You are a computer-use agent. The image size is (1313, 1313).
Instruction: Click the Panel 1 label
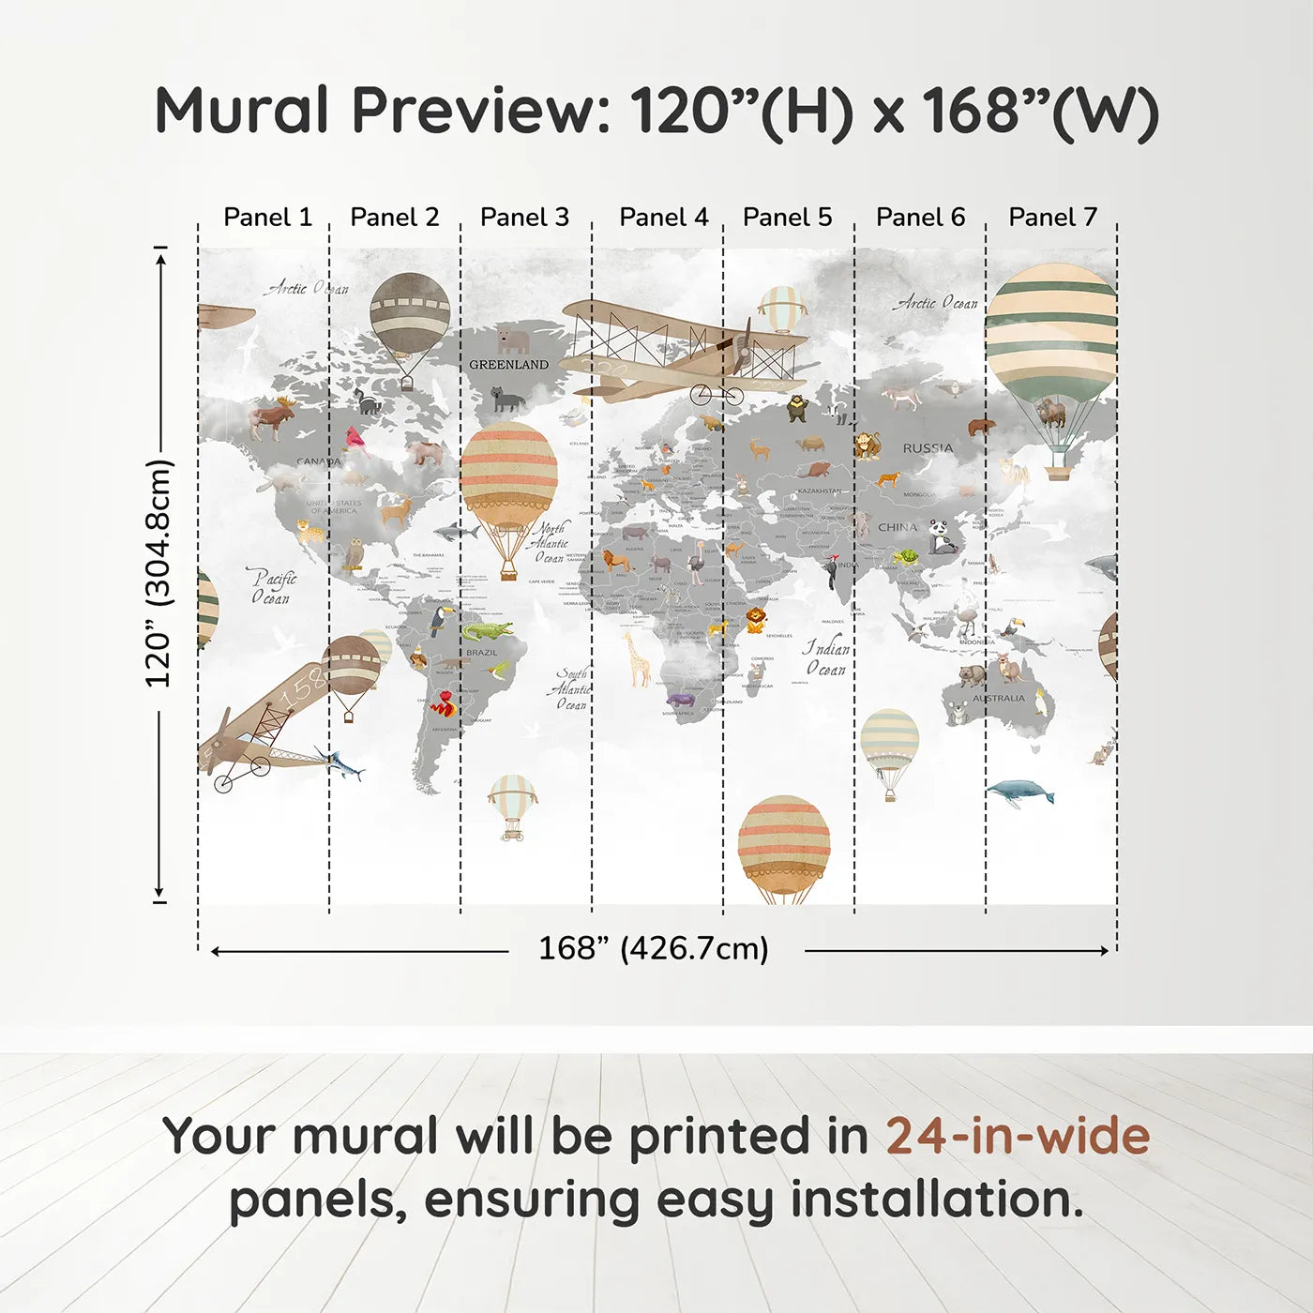point(267,218)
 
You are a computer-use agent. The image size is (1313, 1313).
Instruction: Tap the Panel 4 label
point(664,218)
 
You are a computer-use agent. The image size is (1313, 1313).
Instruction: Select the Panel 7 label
point(1052,218)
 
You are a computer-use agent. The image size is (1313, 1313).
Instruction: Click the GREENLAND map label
point(508,365)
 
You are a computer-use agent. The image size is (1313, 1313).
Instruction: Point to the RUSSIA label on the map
point(928,448)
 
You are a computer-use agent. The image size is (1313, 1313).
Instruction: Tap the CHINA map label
point(898,527)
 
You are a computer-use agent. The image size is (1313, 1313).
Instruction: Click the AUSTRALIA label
point(998,699)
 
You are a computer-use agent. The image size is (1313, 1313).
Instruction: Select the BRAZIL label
point(482,653)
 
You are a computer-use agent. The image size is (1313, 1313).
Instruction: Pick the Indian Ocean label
point(826,658)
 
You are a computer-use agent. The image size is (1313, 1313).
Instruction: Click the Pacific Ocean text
point(272,587)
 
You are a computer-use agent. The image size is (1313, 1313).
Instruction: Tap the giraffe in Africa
point(638,657)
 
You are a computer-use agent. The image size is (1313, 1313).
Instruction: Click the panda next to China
point(943,537)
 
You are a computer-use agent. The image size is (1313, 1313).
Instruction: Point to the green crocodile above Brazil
point(487,629)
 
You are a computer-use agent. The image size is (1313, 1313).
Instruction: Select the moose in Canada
point(273,418)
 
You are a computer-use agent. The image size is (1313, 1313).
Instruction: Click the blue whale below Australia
point(1020,792)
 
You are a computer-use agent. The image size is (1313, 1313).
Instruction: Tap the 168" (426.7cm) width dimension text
point(654,949)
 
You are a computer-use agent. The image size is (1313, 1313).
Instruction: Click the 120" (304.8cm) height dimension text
point(158,574)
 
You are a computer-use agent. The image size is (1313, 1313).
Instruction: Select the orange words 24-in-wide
point(1018,1137)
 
